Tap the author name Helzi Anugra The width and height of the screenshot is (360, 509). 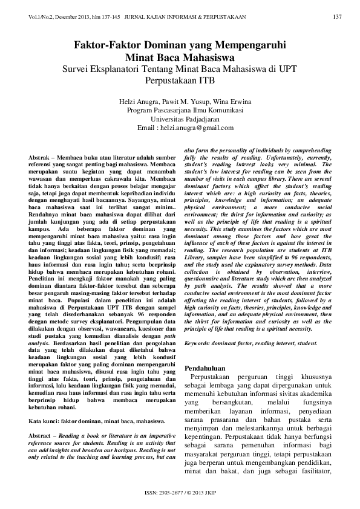tap(138, 102)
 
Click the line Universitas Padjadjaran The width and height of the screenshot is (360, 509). tap(180, 120)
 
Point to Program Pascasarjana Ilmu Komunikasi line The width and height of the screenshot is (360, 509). tap(180, 111)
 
